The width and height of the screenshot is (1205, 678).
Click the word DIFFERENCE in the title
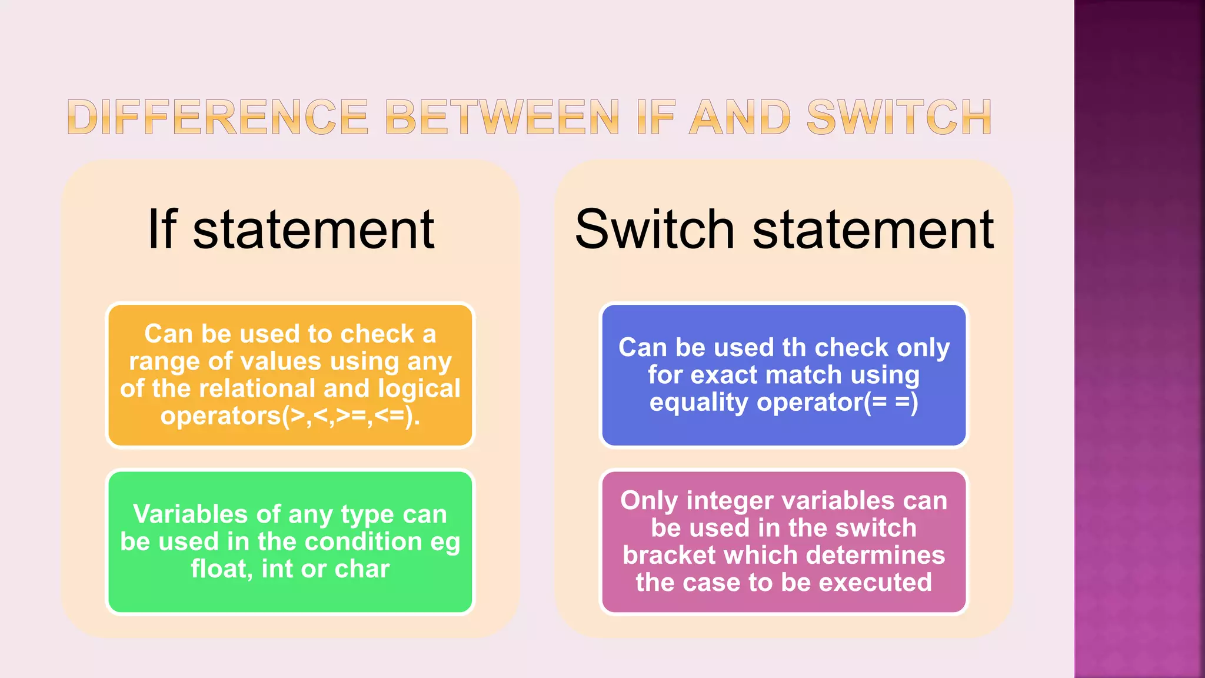coord(218,117)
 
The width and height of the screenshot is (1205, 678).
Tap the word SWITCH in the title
coord(899,117)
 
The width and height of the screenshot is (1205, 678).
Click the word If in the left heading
coord(162,230)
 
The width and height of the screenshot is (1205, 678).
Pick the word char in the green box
coord(362,569)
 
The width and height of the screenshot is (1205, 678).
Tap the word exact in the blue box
coord(724,375)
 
